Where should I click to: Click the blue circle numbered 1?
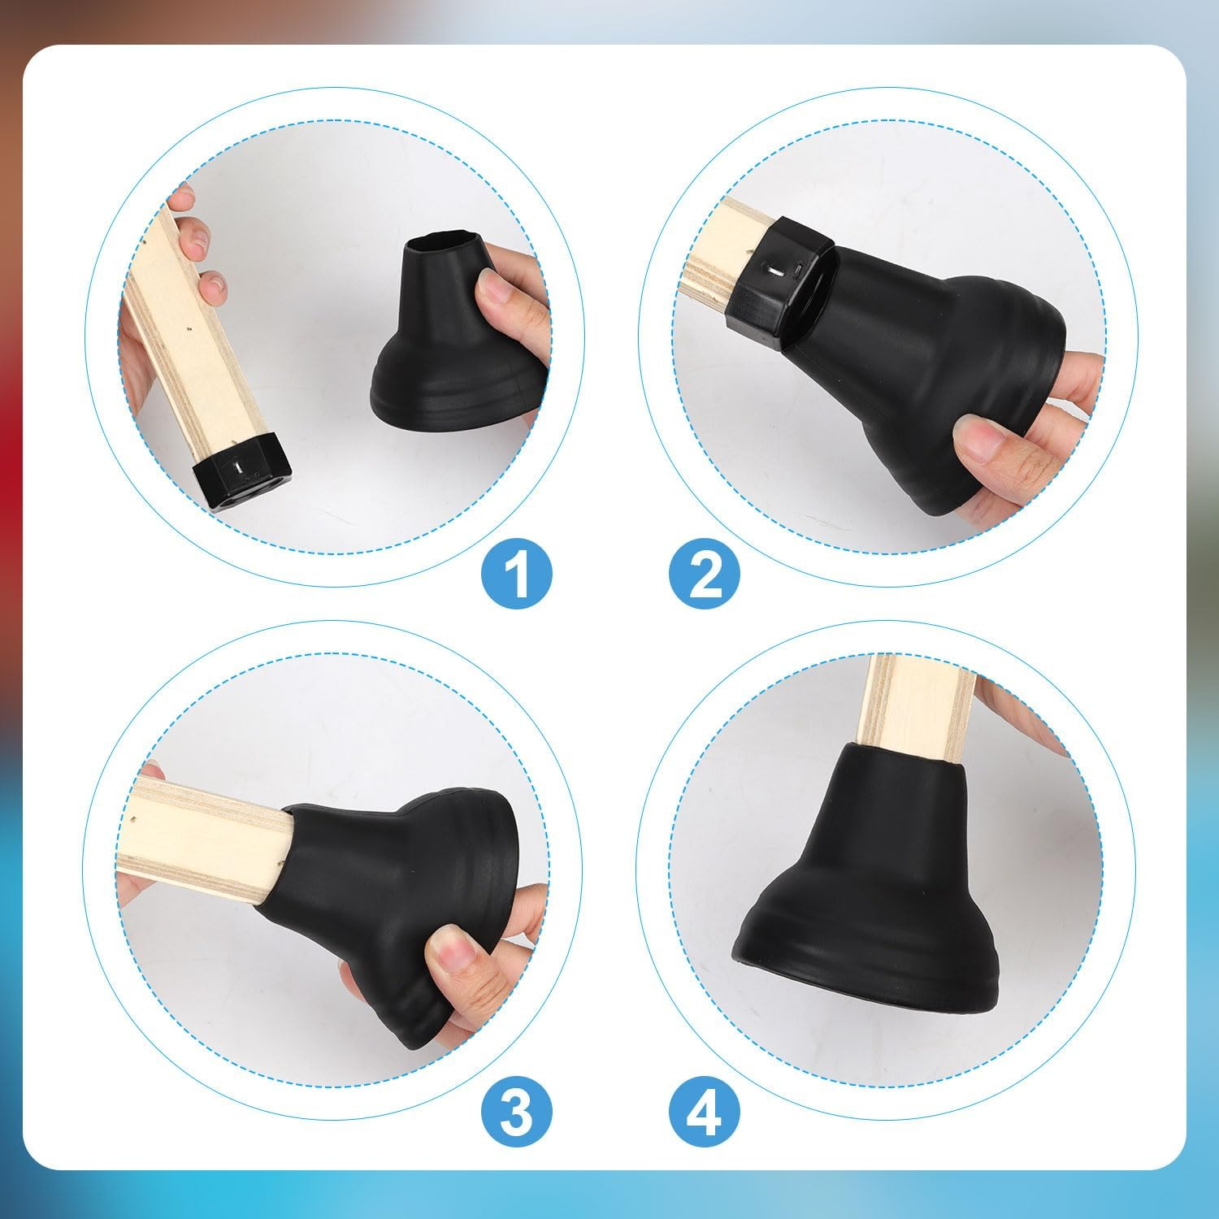[516, 573]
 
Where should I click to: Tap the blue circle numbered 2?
[705, 573]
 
